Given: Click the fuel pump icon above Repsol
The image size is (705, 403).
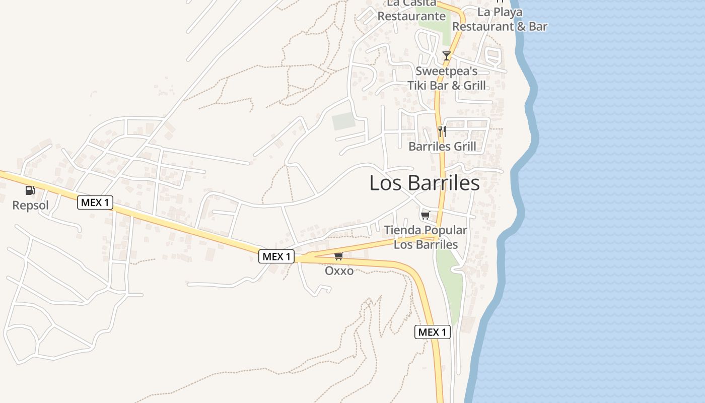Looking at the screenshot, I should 30,190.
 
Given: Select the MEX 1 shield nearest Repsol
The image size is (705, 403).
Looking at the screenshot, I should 95,203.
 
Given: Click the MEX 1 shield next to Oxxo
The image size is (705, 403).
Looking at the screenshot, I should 276,256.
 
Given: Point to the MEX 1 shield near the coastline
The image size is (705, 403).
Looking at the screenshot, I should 432,332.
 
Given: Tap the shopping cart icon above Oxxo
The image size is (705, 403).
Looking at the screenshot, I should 338,256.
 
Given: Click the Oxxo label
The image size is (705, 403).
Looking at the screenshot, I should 339,271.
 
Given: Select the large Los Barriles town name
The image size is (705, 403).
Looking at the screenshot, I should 424,183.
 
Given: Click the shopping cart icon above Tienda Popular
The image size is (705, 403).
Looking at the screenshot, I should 425,216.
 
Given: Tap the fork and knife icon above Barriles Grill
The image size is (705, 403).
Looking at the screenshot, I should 442,131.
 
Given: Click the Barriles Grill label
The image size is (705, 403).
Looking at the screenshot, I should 442,147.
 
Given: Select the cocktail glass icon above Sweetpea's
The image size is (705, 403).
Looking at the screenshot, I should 446,55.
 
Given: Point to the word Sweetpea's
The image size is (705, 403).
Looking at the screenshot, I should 446,71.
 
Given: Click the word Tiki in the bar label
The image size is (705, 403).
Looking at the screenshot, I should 419,85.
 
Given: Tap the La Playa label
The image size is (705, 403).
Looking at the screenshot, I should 500,12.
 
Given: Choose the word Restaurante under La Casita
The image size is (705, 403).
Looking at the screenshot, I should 411,16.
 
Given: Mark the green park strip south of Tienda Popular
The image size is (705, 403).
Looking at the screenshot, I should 449,287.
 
